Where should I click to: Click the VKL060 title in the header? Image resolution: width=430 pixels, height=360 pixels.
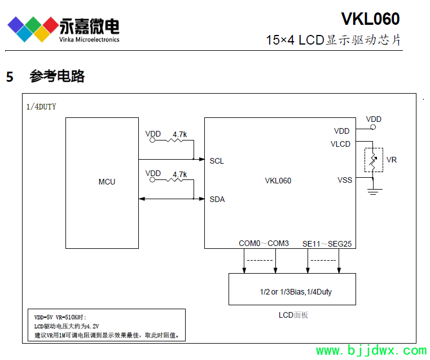point(370,19)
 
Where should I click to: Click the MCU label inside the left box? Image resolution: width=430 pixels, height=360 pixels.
point(107,182)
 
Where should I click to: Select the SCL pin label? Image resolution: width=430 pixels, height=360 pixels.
point(217,161)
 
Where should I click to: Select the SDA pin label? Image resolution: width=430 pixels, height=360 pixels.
point(217,199)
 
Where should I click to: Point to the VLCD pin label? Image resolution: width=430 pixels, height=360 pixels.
point(340,144)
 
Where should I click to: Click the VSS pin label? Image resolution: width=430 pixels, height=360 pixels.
point(344,180)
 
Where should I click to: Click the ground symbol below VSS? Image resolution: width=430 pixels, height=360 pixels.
point(372,191)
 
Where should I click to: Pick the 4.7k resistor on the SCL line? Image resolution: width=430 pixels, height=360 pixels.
point(179,141)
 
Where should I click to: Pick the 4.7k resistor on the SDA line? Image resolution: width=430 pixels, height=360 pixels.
point(179,181)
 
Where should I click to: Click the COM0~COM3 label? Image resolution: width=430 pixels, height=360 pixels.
point(264,243)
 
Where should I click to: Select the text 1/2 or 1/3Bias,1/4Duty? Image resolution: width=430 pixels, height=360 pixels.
point(292,292)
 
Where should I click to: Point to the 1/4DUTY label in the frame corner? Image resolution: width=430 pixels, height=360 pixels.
point(41,106)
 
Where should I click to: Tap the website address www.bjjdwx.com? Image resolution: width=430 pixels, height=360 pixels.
point(371,351)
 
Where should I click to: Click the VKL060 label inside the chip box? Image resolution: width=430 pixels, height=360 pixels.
point(278,181)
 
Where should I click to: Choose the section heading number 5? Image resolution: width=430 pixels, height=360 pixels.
point(10,77)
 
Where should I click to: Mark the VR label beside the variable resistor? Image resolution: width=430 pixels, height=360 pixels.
point(392,160)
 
